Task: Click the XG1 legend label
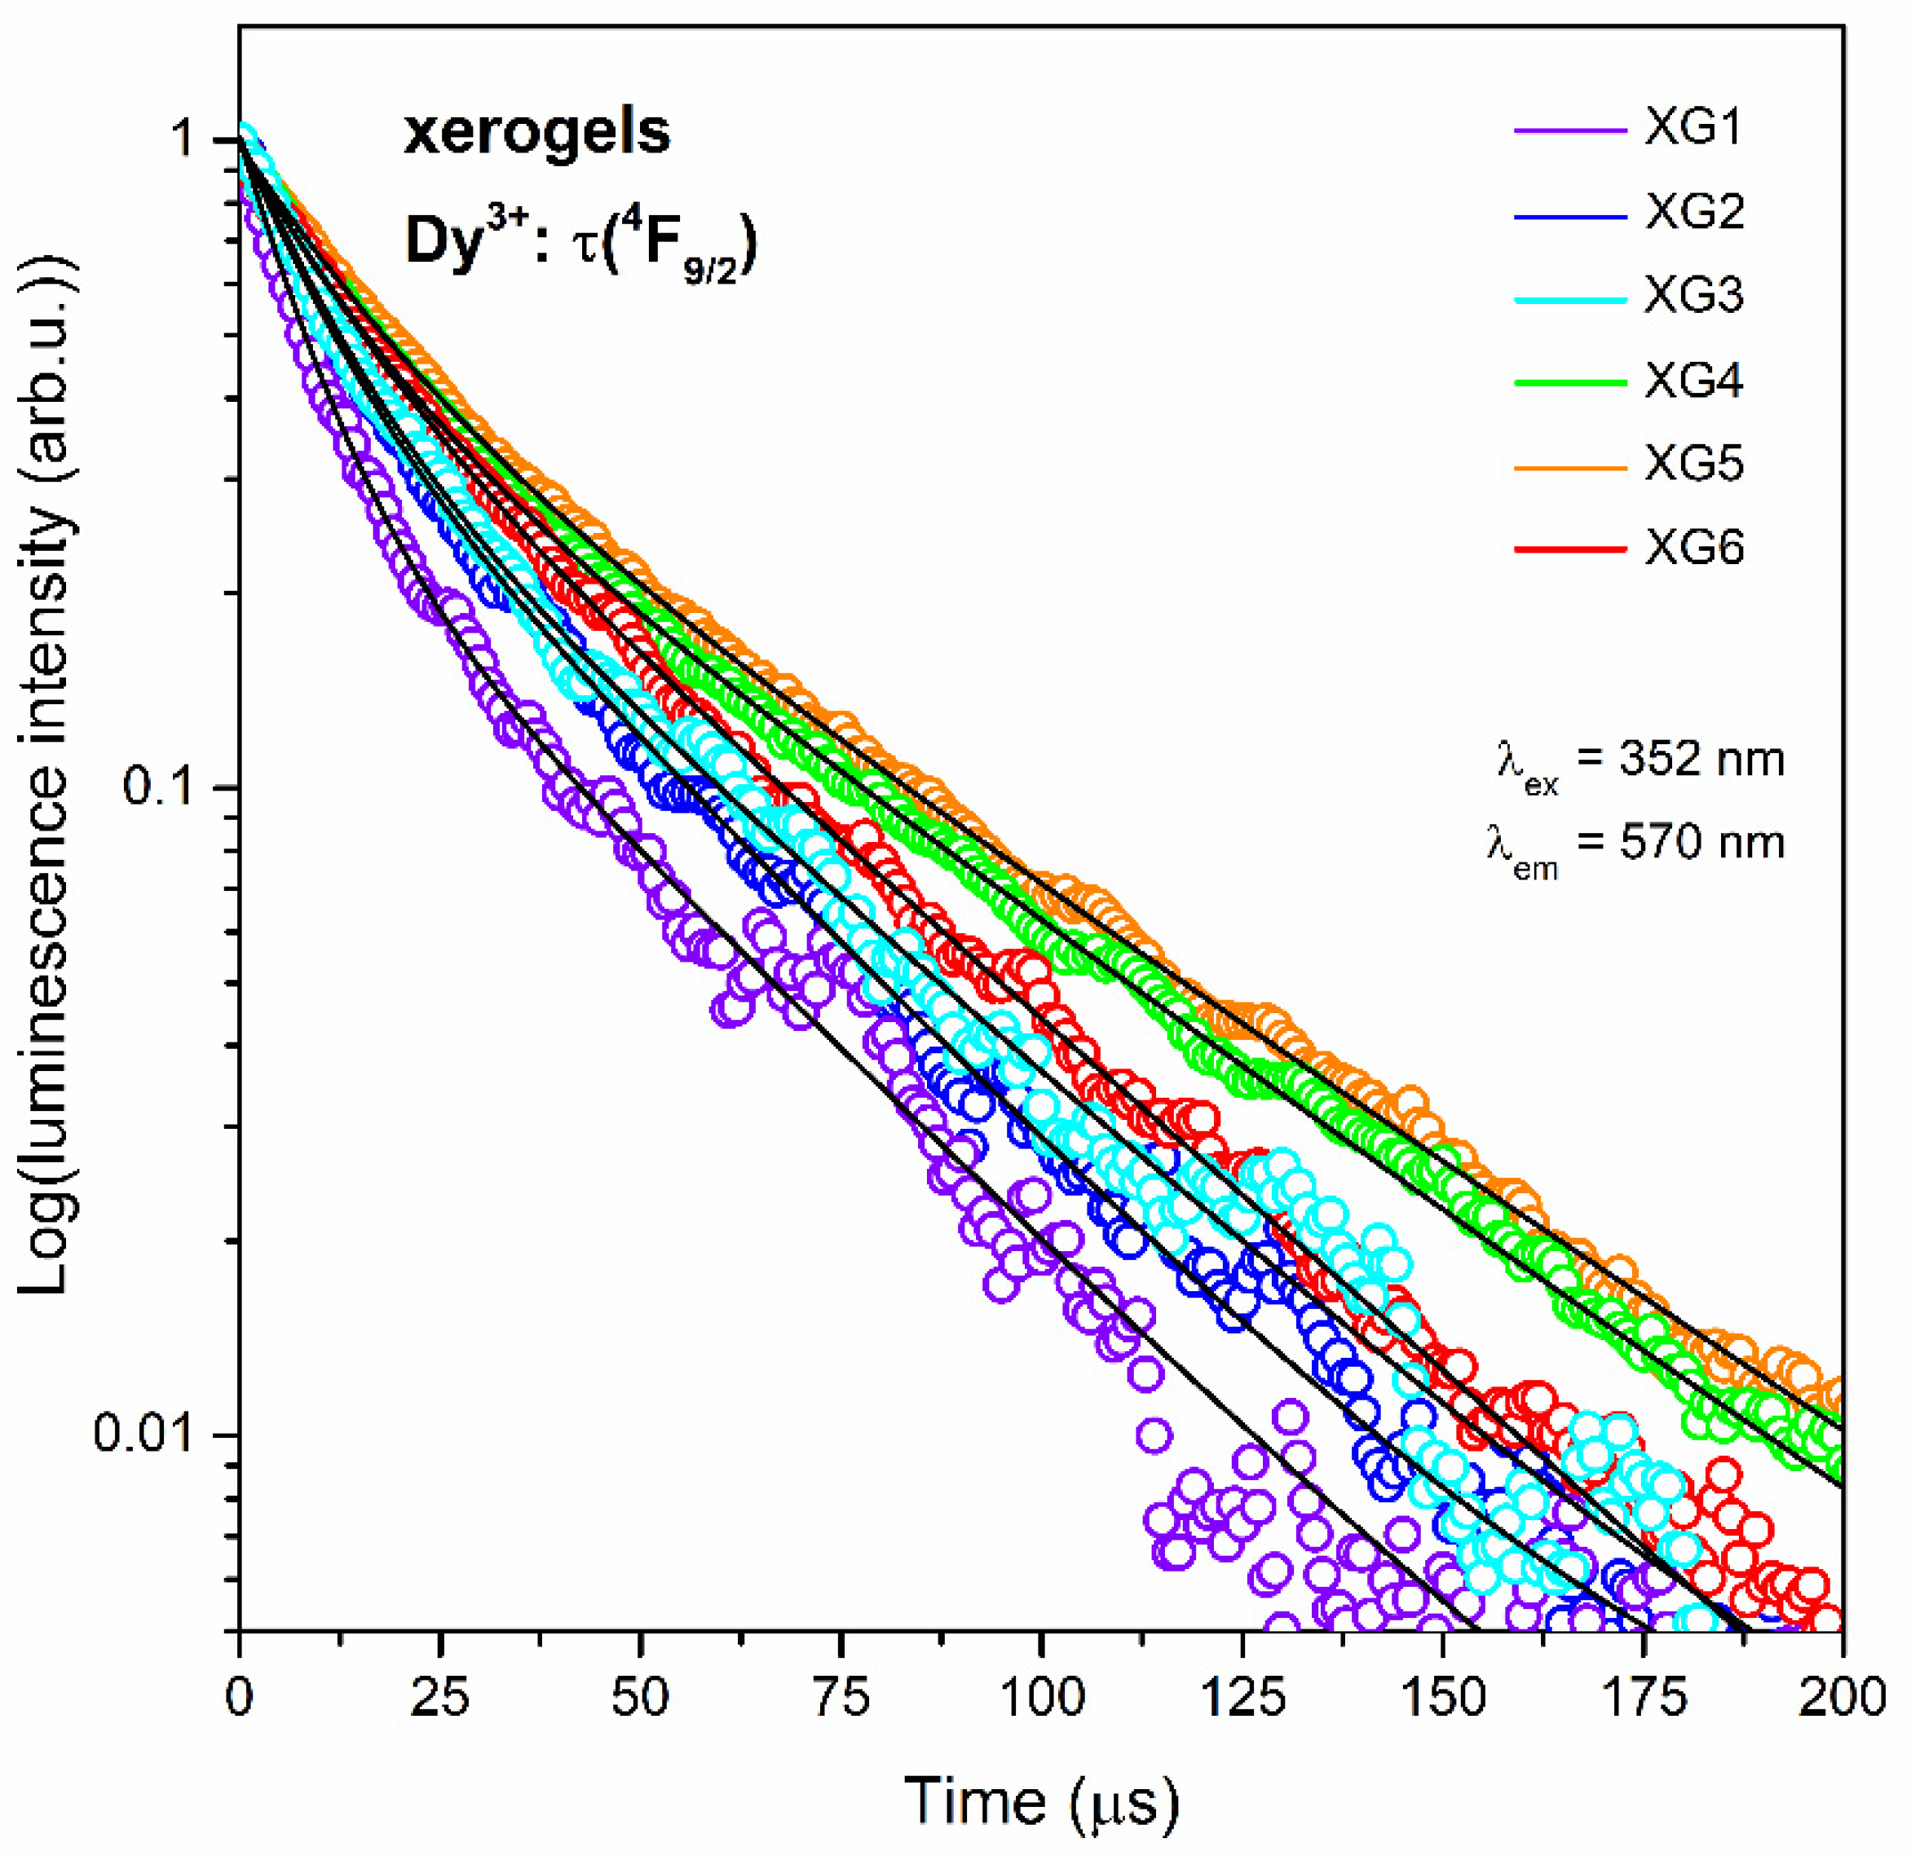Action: [x=1693, y=129]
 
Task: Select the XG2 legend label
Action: [x=1693, y=213]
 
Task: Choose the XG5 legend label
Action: [x=1693, y=465]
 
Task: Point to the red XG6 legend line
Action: [x=1570, y=550]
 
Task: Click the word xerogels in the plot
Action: [x=536, y=133]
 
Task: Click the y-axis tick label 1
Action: [x=183, y=139]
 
